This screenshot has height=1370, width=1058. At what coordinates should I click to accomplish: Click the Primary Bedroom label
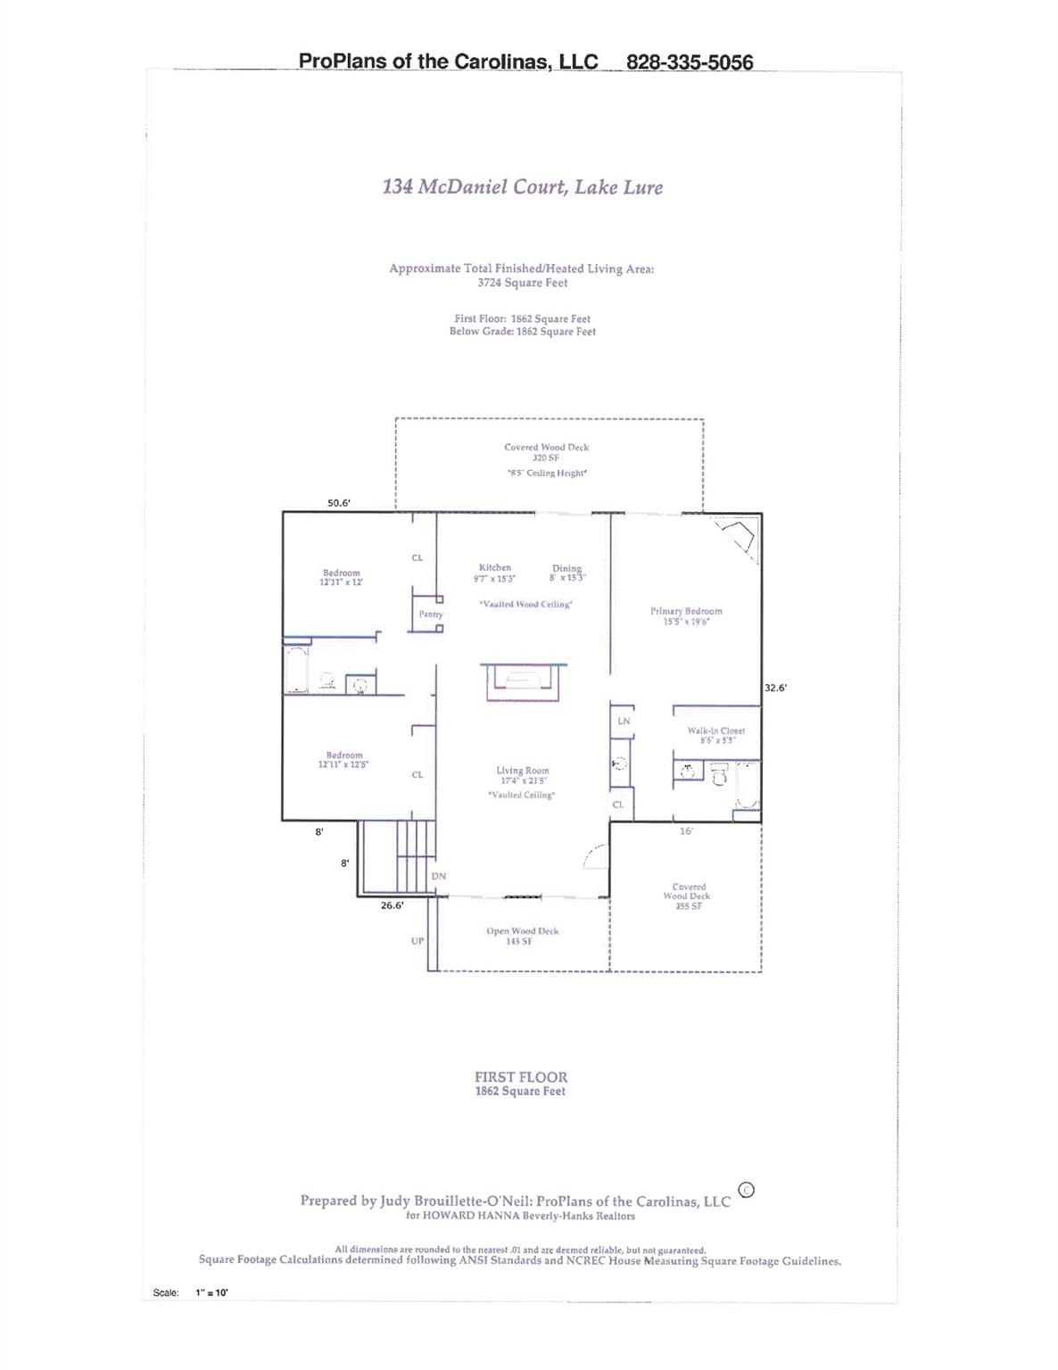coord(686,616)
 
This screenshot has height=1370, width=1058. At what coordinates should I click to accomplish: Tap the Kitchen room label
coord(495,573)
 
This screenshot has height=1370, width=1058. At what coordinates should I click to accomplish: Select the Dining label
coord(566,573)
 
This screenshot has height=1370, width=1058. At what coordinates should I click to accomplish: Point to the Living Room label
coord(523,775)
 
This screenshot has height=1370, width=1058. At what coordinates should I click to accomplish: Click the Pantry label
coord(431,615)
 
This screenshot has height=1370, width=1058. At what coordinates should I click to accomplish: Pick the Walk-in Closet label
coord(715,735)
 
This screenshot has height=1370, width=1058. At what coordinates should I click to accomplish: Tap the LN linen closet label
coord(624,721)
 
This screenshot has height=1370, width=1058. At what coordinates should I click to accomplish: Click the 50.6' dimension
coord(339,503)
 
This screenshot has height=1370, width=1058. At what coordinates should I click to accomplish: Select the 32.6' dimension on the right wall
coord(775,688)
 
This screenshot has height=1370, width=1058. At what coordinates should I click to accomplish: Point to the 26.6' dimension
coord(393,905)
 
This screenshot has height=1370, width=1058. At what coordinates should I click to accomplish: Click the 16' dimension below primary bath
coord(686,831)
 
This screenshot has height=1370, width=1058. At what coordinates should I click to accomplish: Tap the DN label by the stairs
coord(439,877)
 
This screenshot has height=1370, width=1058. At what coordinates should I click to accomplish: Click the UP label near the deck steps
coord(417,941)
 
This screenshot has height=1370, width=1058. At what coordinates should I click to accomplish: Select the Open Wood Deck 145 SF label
coord(522,936)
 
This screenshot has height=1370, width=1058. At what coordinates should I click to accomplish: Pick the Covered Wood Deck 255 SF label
coord(688,896)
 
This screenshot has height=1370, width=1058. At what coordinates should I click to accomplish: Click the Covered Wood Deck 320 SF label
coord(546,452)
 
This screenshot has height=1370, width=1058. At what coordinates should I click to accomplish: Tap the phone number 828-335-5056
coord(690,62)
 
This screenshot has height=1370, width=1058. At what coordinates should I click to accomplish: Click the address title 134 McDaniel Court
coord(522,187)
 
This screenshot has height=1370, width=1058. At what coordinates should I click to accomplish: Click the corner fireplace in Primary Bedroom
coord(739,538)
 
